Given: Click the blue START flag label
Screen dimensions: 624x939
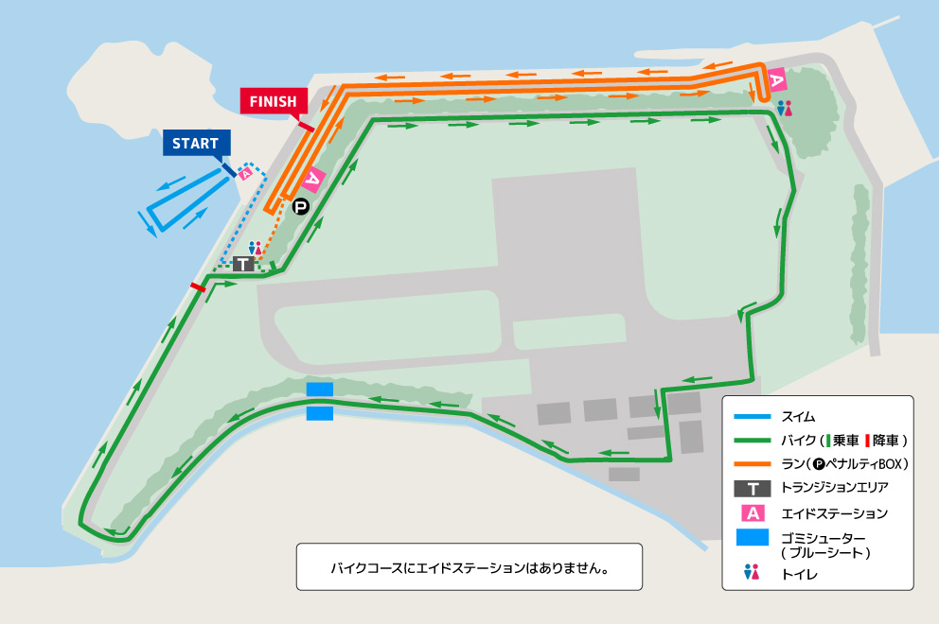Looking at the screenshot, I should [195, 144].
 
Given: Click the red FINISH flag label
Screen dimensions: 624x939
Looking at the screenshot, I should [274, 101].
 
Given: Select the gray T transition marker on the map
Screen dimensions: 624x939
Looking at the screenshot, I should [244, 265].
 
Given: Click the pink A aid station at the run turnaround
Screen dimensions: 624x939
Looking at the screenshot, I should [776, 81].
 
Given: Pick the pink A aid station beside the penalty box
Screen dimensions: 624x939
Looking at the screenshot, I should [313, 179].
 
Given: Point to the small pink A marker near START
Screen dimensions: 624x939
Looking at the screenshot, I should [246, 173].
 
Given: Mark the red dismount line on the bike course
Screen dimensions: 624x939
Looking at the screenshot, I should [198, 286].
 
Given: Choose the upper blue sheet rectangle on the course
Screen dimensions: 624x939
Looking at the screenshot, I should [320, 390].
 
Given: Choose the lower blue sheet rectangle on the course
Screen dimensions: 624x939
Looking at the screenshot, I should [320, 413].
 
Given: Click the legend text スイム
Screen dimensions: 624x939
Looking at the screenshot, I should [798, 416].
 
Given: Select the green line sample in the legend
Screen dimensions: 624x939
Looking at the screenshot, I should [753, 441].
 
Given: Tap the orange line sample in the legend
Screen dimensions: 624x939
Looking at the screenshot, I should [753, 464].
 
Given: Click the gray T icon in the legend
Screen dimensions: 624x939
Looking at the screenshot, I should [753, 489].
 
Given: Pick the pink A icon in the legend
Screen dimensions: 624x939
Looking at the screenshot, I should [753, 513].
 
